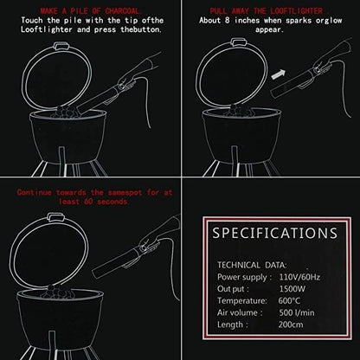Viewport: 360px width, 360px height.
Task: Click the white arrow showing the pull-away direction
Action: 279,74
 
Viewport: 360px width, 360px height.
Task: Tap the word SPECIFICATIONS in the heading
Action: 275,233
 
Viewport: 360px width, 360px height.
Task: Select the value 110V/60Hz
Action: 299,277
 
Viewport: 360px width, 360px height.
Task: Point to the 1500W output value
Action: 292,289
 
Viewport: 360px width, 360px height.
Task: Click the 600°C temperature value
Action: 289,301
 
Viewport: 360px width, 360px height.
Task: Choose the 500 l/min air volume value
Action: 297,312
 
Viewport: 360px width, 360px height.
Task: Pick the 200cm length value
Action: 291,325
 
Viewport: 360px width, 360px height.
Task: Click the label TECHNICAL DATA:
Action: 252,265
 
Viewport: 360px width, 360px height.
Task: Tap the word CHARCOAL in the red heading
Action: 123,11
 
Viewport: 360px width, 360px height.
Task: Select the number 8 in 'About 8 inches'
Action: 227,21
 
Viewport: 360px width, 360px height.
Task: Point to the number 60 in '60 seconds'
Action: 88,202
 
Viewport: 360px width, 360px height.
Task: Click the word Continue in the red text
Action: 34,192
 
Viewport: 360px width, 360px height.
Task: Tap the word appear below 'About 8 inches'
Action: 268,29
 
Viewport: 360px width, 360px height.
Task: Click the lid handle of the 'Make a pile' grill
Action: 61,46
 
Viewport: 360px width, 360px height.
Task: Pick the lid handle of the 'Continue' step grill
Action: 55,216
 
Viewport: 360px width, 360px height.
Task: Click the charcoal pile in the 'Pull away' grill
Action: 236,111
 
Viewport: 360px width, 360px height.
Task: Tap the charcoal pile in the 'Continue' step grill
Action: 57,292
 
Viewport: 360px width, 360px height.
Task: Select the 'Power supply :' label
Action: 244,277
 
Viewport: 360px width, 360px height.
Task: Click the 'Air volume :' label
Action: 240,312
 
